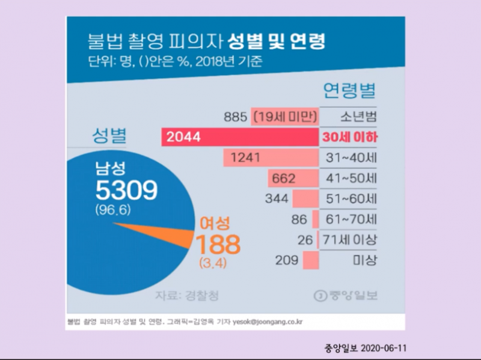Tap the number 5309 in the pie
pyautogui.click(x=126, y=191)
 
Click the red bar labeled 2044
pyautogui.click(x=240, y=137)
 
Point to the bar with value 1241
pyautogui.click(x=271, y=158)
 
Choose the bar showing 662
pyautogui.click(x=293, y=178)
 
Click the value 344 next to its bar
pyautogui.click(x=277, y=199)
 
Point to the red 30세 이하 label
pyautogui.click(x=349, y=138)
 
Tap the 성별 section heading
pyautogui.click(x=108, y=136)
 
